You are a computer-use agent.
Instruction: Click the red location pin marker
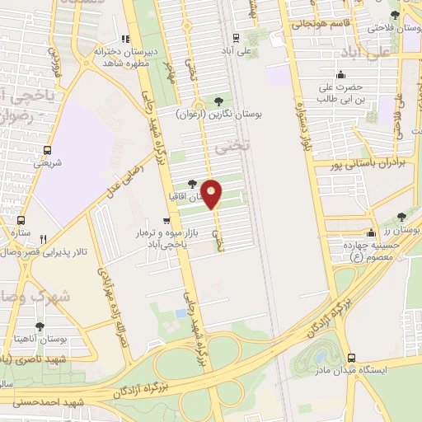tap(213, 193)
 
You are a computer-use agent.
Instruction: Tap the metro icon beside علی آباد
tap(237, 37)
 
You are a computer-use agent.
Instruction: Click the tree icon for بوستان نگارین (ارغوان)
tap(218, 102)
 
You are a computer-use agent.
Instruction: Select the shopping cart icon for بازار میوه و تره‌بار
tap(167, 221)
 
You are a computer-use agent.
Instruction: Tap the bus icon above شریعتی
tap(46, 151)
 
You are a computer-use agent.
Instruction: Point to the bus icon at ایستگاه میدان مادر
tap(352, 358)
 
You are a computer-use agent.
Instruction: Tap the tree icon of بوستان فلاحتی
tap(395, 16)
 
